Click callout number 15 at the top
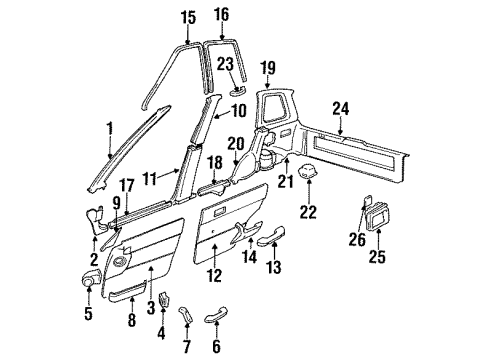189,17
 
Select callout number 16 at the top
221,14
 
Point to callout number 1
109,127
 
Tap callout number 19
268,67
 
